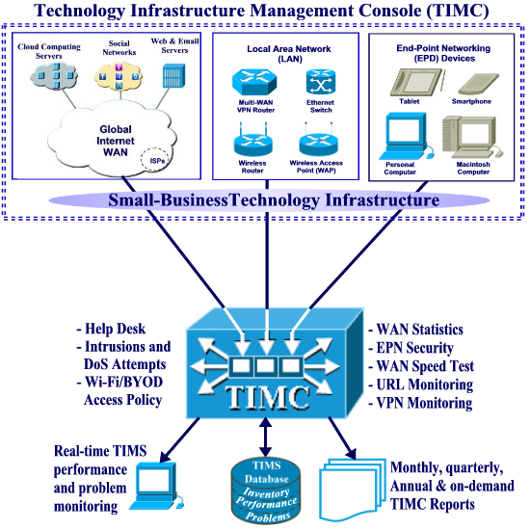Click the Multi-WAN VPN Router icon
point(254,82)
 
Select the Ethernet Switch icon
point(321,82)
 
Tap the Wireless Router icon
point(252,142)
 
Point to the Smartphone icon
point(478,84)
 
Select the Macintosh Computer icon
point(472,137)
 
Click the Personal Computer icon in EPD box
point(406,136)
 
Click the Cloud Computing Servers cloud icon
point(54,76)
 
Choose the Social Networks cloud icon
point(119,76)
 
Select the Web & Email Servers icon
point(173,76)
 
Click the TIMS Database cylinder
point(266,490)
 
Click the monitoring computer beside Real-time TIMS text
point(156,486)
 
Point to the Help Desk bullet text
point(111,329)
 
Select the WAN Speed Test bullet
point(421,366)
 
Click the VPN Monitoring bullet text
point(420,403)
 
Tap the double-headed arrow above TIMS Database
point(266,437)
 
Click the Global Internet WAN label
point(116,141)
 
